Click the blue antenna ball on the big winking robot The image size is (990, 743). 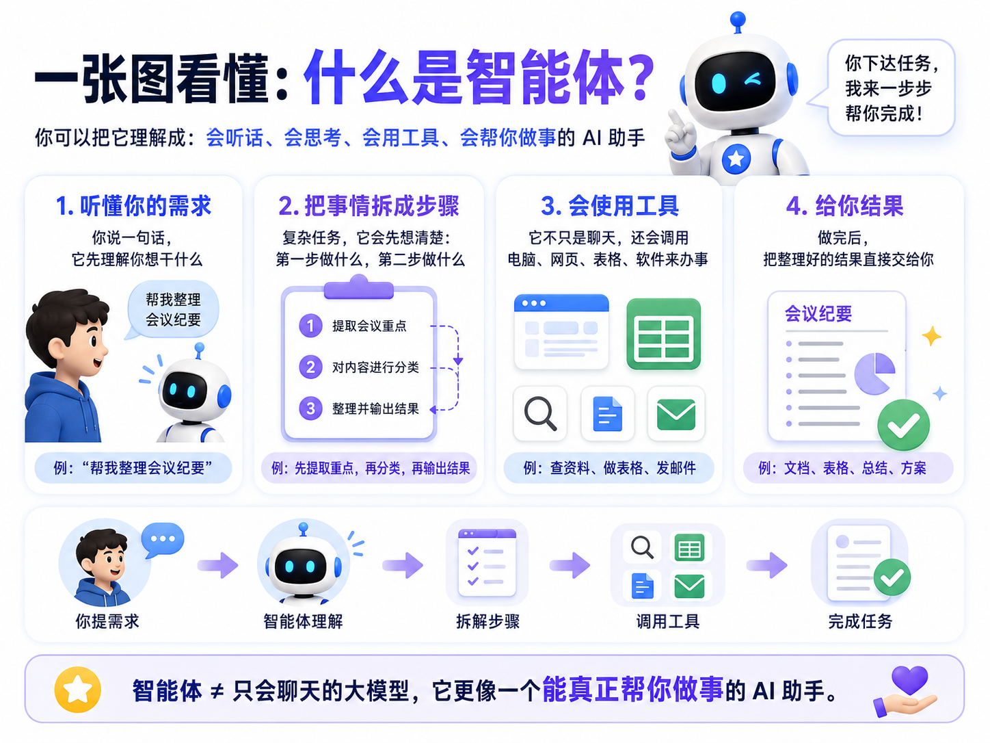[738, 19]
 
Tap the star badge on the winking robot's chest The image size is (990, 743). [736, 159]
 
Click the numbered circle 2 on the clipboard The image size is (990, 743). [310, 367]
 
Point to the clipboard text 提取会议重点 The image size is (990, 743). [369, 326]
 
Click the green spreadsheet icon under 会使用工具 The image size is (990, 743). [663, 334]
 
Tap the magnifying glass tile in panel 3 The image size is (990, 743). [540, 413]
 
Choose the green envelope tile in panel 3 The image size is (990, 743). [676, 413]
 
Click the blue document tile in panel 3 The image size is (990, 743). [608, 413]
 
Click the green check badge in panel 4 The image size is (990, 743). [903, 425]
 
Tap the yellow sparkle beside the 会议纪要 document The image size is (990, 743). [931, 336]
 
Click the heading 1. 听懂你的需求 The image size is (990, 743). [133, 206]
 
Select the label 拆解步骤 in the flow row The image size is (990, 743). [487, 621]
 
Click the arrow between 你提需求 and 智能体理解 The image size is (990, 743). [218, 565]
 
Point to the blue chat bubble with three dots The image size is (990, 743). [162, 540]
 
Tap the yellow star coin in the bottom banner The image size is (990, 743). [77, 690]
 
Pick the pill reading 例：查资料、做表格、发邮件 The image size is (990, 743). [609, 468]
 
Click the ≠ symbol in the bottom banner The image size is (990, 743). [217, 691]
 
